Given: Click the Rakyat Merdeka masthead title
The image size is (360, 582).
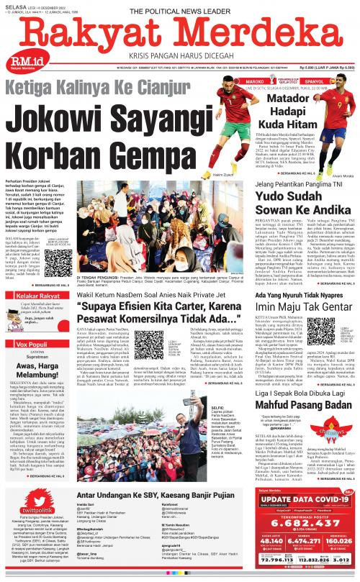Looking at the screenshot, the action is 179,34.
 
